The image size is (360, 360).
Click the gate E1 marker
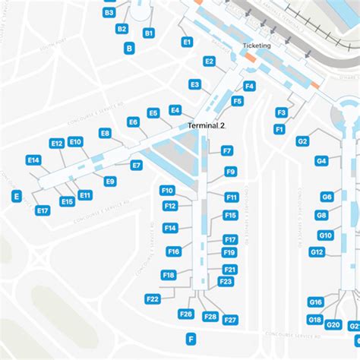pos(187,43)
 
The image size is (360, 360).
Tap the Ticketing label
pos(256,46)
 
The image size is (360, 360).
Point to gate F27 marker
pos(231,320)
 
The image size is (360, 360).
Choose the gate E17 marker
pos(43,210)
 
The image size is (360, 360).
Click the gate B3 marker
pos(109,13)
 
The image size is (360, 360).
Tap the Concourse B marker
pos(129,48)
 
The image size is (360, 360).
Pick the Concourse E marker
pos(16,196)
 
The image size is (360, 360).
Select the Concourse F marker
pos(191,339)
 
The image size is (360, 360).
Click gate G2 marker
pos(302,141)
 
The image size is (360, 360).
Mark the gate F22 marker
pos(153,299)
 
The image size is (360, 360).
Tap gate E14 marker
pos(33,160)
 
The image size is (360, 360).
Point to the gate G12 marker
pos(317,251)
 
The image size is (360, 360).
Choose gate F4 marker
pos(249,86)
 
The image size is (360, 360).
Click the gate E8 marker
pos(106,134)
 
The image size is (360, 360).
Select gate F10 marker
pos(168,191)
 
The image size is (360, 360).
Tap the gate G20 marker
pos(333,325)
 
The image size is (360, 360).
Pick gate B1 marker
pos(149,33)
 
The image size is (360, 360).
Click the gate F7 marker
pos(227,151)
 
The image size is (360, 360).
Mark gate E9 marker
pos(110,182)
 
